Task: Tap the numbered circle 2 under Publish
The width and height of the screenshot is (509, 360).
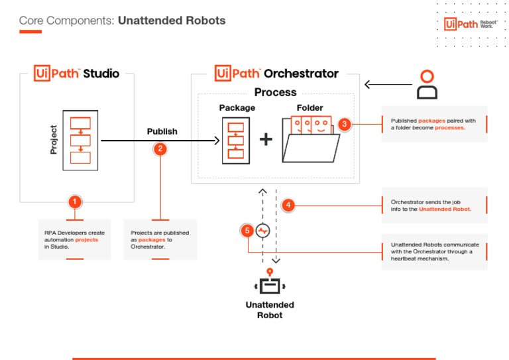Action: click(160, 149)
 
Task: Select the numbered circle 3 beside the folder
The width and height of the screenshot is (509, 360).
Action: click(344, 125)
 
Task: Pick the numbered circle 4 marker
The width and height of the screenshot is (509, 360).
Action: click(288, 205)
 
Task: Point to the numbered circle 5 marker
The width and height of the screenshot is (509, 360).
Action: click(247, 231)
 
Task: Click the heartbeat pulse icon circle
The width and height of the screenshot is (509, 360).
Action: click(262, 231)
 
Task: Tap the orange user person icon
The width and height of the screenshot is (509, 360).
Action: click(427, 84)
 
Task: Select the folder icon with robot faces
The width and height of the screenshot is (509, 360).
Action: click(310, 140)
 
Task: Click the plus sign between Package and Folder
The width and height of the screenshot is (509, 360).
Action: click(265, 140)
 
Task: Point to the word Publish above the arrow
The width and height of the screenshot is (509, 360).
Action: click(162, 131)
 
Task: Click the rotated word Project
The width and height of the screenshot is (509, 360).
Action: click(54, 139)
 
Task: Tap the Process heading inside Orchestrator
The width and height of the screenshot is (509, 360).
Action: click(276, 92)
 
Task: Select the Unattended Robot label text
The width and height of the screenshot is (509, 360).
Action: click(269, 310)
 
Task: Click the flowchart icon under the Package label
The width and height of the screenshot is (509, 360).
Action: click(232, 139)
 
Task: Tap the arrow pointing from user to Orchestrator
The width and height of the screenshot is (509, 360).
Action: click(387, 84)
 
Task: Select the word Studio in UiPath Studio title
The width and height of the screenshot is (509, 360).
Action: click(101, 73)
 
